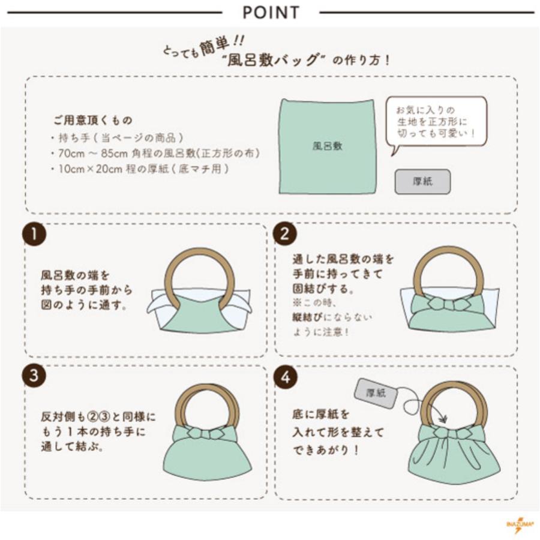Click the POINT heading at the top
click(271, 13)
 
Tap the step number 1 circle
click(34, 234)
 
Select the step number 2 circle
click(285, 234)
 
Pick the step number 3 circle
click(34, 374)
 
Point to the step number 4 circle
click(286, 377)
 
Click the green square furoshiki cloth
click(327, 146)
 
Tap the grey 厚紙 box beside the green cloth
click(422, 181)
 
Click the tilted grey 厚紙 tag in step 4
click(376, 393)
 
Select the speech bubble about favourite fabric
click(436, 124)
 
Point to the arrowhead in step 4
click(443, 419)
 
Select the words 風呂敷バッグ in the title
click(272, 61)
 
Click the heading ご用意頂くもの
click(92, 120)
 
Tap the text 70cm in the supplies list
click(71, 153)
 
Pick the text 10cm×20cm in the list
click(90, 169)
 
